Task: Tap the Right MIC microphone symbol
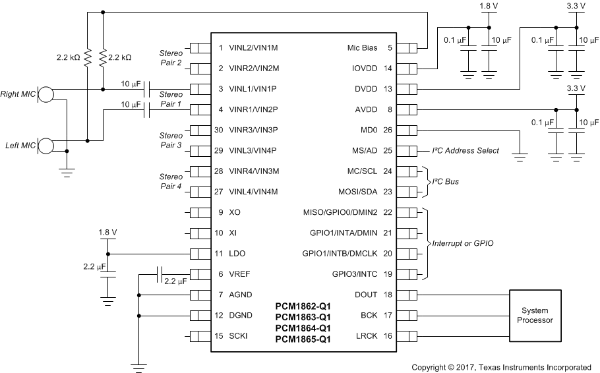click(x=45, y=95)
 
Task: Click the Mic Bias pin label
click(x=362, y=47)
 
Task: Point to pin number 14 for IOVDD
click(x=388, y=68)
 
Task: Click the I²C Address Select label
click(x=465, y=150)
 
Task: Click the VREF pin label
click(x=240, y=274)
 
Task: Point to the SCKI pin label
click(x=239, y=336)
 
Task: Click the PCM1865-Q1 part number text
click(x=303, y=339)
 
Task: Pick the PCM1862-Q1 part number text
click(x=303, y=306)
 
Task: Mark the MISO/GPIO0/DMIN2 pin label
click(x=340, y=212)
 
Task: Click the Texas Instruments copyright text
click(x=500, y=367)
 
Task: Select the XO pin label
click(x=235, y=212)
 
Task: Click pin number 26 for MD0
click(x=388, y=130)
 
